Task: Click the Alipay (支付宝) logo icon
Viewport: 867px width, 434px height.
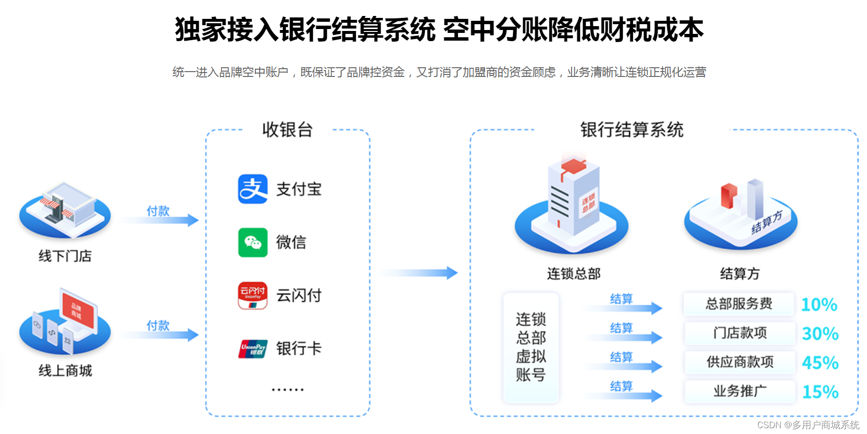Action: pyautogui.click(x=252, y=189)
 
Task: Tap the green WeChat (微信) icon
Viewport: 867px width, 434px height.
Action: pyautogui.click(x=252, y=242)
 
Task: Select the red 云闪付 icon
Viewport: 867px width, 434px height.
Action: pyautogui.click(x=252, y=295)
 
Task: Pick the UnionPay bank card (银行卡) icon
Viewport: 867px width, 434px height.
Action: pyautogui.click(x=252, y=348)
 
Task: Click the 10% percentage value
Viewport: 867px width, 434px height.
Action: pyautogui.click(x=819, y=304)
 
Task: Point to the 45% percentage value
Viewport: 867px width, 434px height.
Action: pyautogui.click(x=820, y=362)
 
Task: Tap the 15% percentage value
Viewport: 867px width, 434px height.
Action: pyautogui.click(x=820, y=391)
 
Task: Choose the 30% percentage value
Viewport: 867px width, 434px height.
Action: pyautogui.click(x=820, y=333)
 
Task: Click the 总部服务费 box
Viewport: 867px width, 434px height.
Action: pyautogui.click(x=739, y=304)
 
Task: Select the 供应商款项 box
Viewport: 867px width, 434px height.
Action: pyautogui.click(x=740, y=362)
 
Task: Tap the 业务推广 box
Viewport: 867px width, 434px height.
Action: pyautogui.click(x=740, y=391)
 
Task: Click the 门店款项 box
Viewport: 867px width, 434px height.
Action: pyautogui.click(x=740, y=333)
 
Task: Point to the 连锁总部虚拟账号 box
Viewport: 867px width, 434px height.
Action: pyautogui.click(x=531, y=347)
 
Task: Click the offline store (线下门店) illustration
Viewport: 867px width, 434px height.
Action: pyautogui.click(x=65, y=210)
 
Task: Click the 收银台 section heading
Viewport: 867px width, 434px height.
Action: pyautogui.click(x=287, y=130)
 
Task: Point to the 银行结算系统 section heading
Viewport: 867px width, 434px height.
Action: pyautogui.click(x=632, y=130)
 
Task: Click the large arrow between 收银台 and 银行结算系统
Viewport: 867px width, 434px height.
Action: pyautogui.click(x=419, y=273)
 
